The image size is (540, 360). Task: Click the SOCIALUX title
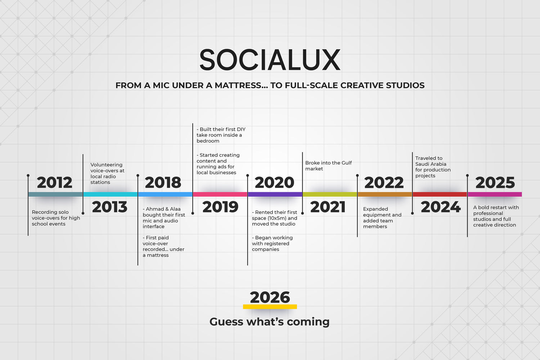(270, 59)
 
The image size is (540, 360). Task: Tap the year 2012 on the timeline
(54, 183)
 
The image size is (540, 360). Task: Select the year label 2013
(109, 207)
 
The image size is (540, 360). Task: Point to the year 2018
(163, 183)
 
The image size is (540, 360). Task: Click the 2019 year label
(220, 207)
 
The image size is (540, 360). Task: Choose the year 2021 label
(328, 207)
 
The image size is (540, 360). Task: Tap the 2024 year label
(441, 207)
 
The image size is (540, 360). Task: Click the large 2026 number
(270, 297)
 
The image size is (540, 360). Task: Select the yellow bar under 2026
(270, 307)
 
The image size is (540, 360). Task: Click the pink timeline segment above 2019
(220, 194)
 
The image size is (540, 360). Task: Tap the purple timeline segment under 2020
(275, 194)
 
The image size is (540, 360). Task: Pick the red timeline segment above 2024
(440, 194)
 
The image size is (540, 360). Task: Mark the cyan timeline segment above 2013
(111, 194)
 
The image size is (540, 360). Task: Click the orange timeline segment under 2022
(385, 194)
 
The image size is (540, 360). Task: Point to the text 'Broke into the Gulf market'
(329, 166)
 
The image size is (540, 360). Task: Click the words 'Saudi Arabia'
(431, 164)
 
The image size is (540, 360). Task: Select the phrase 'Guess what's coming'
(270, 322)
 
